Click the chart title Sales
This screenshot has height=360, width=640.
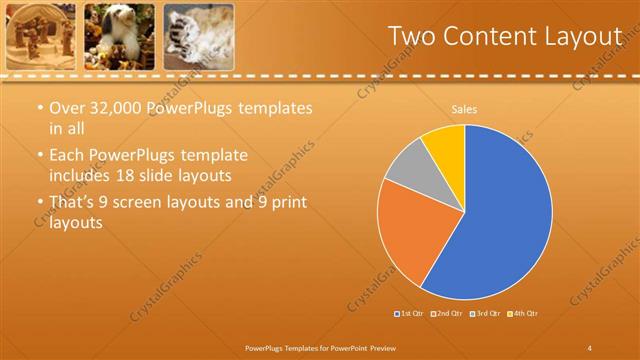(464, 108)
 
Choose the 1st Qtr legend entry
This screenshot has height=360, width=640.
(408, 314)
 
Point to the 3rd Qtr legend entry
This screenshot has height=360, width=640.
(483, 314)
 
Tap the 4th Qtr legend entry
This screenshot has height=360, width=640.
(521, 314)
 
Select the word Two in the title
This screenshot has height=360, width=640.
(412, 36)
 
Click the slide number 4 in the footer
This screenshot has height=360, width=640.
(589, 347)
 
